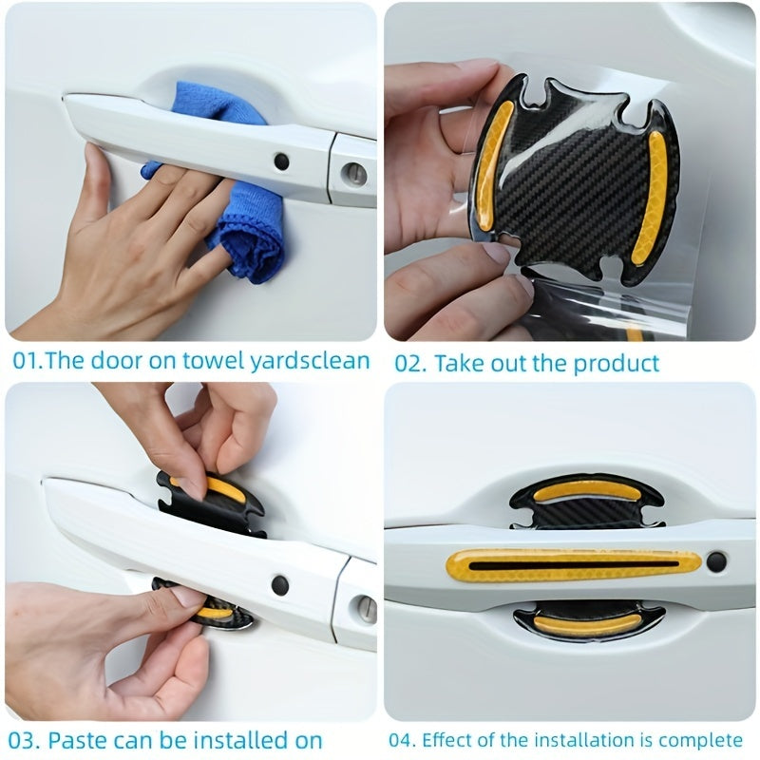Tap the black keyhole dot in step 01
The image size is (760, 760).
(x=282, y=161)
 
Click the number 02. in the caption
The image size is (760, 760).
(x=410, y=362)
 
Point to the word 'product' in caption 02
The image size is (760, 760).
(x=618, y=362)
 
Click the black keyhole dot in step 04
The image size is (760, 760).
(x=716, y=561)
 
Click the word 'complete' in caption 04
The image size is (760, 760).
(x=700, y=739)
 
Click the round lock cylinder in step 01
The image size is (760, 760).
(x=353, y=174)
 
